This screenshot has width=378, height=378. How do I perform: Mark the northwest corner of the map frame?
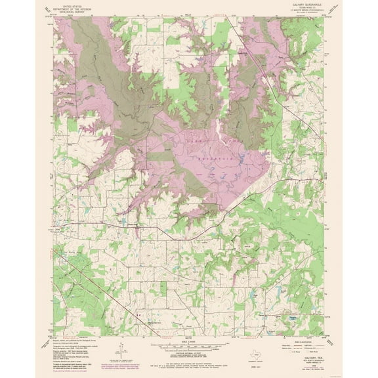[54, 18]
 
